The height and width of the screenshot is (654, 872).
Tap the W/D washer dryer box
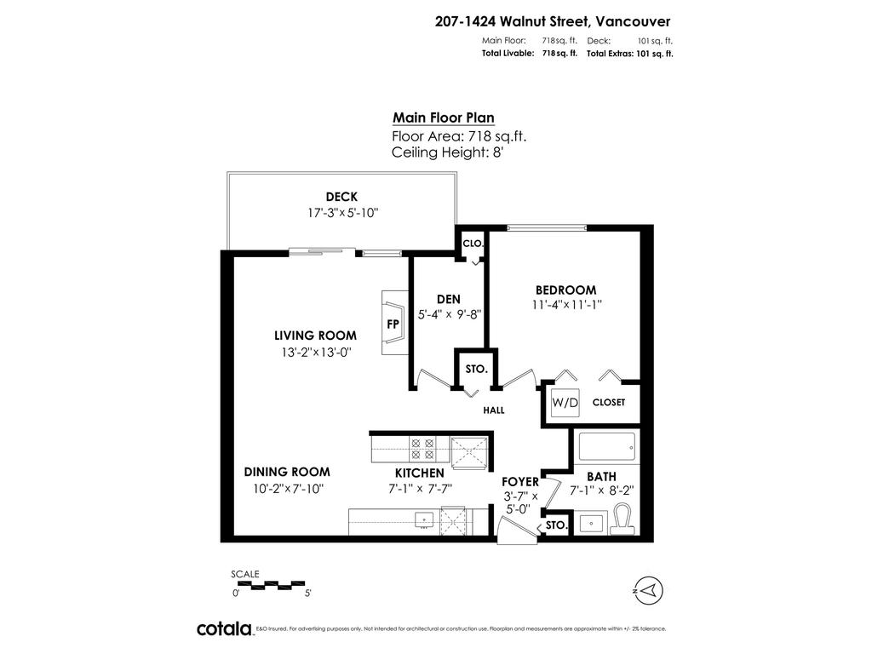[563, 402]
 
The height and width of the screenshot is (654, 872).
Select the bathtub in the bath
[605, 445]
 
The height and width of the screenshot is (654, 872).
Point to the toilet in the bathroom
[622, 517]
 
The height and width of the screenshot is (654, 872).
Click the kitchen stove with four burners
[422, 448]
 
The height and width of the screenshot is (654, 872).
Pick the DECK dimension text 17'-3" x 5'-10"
[342, 213]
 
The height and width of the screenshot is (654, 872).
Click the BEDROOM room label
[565, 290]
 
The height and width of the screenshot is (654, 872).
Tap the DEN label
[449, 299]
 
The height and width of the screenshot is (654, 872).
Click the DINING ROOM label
[287, 472]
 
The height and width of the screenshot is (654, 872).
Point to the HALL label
[494, 410]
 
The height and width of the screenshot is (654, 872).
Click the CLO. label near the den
[473, 244]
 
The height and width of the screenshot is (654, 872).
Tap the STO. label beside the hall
[476, 370]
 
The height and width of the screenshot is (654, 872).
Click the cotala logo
[224, 628]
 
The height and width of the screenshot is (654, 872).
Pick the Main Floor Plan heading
[443, 118]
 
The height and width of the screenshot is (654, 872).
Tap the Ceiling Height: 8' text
[448, 152]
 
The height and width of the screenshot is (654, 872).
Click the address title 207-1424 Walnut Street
[553, 23]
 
